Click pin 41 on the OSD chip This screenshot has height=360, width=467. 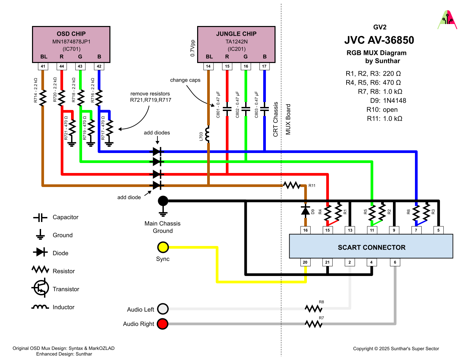tap(43, 66)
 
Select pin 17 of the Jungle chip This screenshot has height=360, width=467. tap(264, 66)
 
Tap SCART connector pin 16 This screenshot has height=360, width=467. tap(305, 230)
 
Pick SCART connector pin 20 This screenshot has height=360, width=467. tap(305, 262)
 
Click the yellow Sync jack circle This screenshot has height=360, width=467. tap(163, 247)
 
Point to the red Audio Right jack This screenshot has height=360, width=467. tap(163, 324)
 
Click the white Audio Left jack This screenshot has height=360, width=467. tap(163, 309)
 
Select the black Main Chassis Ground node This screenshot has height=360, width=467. tap(163, 201)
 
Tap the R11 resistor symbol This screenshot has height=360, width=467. tap(292, 185)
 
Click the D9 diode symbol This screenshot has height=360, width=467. tap(305, 210)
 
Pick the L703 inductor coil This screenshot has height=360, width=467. tap(208, 134)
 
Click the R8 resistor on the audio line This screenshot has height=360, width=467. tap(314, 309)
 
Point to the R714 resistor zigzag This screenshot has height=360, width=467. tap(43, 98)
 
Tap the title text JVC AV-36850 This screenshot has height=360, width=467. tap(379, 40)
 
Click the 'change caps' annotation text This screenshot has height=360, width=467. tap(185, 80)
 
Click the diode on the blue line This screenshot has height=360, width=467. tap(157, 152)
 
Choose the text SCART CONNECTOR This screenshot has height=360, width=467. tap(372, 247)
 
